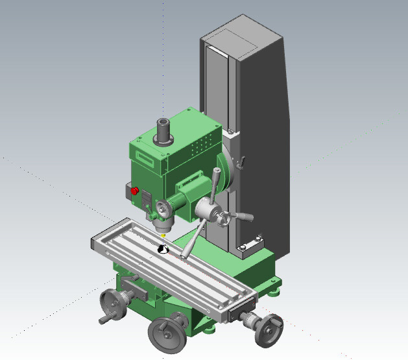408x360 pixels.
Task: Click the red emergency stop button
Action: click(x=135, y=191)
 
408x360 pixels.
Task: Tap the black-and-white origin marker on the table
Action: click(x=163, y=248)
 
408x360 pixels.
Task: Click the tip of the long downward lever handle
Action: click(x=185, y=256)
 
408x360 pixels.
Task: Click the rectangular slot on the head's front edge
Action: click(x=147, y=158)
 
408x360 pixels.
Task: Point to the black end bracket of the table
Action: click(x=239, y=311)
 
